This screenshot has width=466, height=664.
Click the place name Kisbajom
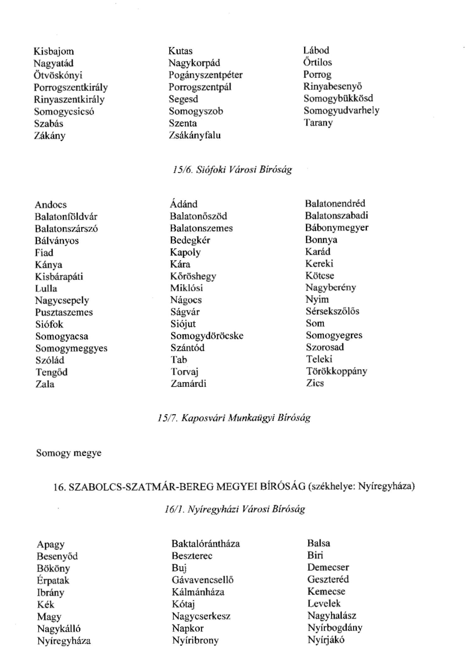coord(54,52)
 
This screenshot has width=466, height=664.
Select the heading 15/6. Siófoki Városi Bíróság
coord(232,170)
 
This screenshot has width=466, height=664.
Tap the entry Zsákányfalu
coord(195,136)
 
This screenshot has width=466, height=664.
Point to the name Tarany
coord(318,123)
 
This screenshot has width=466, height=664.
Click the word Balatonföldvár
coord(66,217)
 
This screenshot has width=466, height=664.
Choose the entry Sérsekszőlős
coord(332,311)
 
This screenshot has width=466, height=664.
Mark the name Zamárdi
coord(188,384)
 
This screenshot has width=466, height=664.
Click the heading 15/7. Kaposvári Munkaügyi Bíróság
coord(234,418)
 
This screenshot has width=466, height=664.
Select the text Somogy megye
coord(69,453)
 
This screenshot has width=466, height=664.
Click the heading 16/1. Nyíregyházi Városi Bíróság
coord(235,509)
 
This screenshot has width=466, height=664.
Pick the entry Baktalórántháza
coord(206,544)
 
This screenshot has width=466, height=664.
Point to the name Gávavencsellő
coord(202,580)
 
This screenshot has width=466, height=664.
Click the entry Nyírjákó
coord(326,640)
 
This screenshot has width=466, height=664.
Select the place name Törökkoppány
coord(336,371)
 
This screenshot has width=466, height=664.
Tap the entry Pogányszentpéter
coord(205,75)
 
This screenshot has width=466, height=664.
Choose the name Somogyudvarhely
coord(341,111)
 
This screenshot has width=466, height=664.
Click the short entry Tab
coord(178,360)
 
